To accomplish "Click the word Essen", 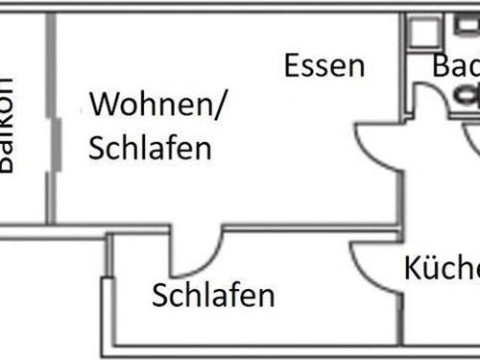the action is [x=324, y=66].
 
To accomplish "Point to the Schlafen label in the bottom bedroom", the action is [x=213, y=295].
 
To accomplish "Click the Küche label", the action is [x=441, y=267].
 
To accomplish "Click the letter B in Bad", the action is [x=441, y=66].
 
